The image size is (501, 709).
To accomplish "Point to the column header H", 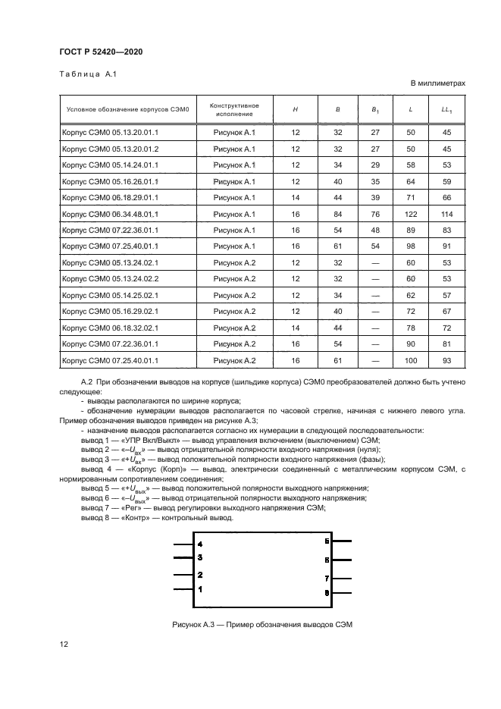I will click(x=295, y=109).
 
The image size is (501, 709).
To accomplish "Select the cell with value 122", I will click(x=410, y=215).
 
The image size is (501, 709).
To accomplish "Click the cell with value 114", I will click(x=446, y=215).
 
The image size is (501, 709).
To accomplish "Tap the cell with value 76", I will click(x=374, y=215).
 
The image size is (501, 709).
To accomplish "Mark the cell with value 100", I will click(x=410, y=361).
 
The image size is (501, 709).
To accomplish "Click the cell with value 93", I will click(x=446, y=361).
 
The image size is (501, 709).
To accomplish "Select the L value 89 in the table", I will click(x=410, y=231).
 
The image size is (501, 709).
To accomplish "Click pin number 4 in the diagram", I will click(x=200, y=544).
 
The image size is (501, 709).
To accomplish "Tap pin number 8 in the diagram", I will click(x=326, y=591).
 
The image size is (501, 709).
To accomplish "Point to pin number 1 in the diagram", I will click(x=200, y=588).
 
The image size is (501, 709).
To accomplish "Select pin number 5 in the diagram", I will click(x=326, y=541).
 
